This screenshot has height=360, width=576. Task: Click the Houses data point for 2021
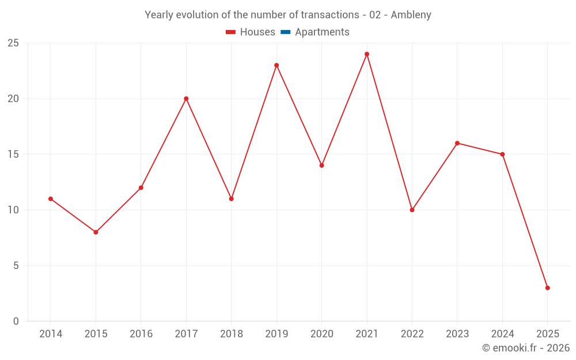pos(367,54)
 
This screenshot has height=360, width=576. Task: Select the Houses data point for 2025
pos(547,288)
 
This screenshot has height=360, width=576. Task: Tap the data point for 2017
pos(186,98)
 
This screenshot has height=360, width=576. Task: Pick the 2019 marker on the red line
pos(276,65)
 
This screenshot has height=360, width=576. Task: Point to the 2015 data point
pos(96,232)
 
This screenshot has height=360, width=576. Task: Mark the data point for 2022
pos(412,210)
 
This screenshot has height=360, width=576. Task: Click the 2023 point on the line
pos(457,143)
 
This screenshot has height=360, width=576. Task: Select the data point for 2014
pos(51,199)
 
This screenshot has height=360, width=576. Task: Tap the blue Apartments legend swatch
pos(285,32)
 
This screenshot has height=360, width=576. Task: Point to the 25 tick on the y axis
pos(13,43)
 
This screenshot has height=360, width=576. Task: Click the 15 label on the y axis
pos(13,154)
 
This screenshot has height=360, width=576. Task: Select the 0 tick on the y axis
pos(16,321)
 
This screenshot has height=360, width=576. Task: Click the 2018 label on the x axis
pos(231,334)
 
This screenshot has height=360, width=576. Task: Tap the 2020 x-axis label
pos(321,334)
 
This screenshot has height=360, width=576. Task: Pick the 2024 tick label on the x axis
pos(502,334)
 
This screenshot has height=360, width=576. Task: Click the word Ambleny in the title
pos(411,15)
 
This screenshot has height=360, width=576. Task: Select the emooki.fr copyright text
pos(526,348)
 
